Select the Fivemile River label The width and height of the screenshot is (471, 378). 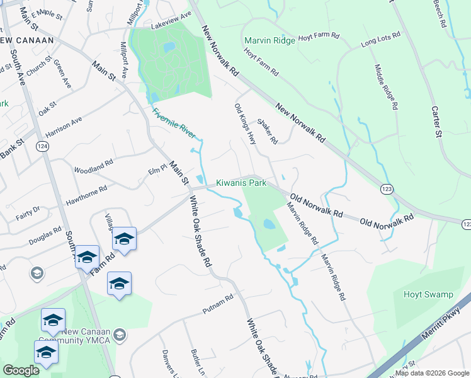(x=174, y=123)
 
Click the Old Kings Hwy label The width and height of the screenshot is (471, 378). (x=245, y=125)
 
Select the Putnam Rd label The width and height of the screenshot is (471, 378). (x=218, y=303)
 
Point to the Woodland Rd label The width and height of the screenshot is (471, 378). (x=93, y=166)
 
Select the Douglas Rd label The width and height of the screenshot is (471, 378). (x=43, y=237)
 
